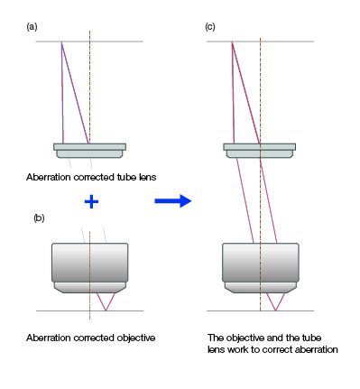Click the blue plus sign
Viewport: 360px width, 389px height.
point(89,201)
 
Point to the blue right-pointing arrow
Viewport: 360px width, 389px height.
point(173,201)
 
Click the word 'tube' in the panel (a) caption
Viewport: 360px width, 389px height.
point(117,177)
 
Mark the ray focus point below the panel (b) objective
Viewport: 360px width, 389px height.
point(105,311)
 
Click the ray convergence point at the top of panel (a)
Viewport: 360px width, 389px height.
point(61,42)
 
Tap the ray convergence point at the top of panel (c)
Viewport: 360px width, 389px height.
point(232,42)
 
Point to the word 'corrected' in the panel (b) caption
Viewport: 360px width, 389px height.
point(95,338)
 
